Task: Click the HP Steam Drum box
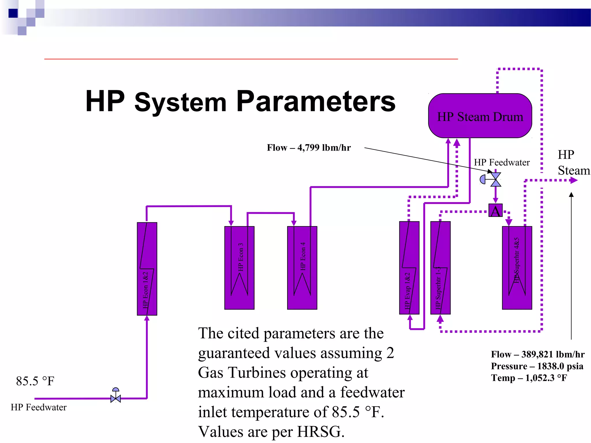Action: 480,116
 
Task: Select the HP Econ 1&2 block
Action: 147,269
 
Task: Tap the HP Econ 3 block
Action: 239,268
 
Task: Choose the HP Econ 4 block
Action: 302,268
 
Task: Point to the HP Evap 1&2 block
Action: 409,268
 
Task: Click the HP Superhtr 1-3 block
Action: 440,268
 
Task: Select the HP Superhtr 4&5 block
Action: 517,268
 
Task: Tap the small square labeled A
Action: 495,211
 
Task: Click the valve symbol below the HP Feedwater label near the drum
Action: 495,179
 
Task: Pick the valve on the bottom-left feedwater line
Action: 115,398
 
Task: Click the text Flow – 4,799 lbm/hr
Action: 308,148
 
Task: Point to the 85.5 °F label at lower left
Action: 35,381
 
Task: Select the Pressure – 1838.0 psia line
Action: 537,366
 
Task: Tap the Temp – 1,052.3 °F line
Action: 529,378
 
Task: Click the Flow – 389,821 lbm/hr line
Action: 538,354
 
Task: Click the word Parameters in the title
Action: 316,102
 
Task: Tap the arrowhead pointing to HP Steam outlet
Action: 574,181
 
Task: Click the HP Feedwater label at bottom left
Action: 39,407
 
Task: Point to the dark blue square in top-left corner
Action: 13,13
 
